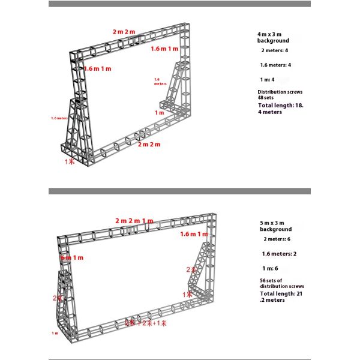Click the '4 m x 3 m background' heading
coord(274,38)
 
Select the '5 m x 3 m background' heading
coord(276,226)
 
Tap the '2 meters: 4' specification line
coord(274,50)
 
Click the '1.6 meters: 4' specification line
coord(275,65)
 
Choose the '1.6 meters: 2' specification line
coord(278,253)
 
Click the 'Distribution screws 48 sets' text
coord(280,95)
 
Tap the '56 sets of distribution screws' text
coord(281,284)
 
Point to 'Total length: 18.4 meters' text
coord(280,109)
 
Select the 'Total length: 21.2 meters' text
coord(281,296)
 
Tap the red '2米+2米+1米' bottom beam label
coord(141,323)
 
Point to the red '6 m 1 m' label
coord(73,257)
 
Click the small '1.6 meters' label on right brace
coord(160,82)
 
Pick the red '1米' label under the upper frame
coord(70,161)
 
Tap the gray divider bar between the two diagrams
coord(179,191)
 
